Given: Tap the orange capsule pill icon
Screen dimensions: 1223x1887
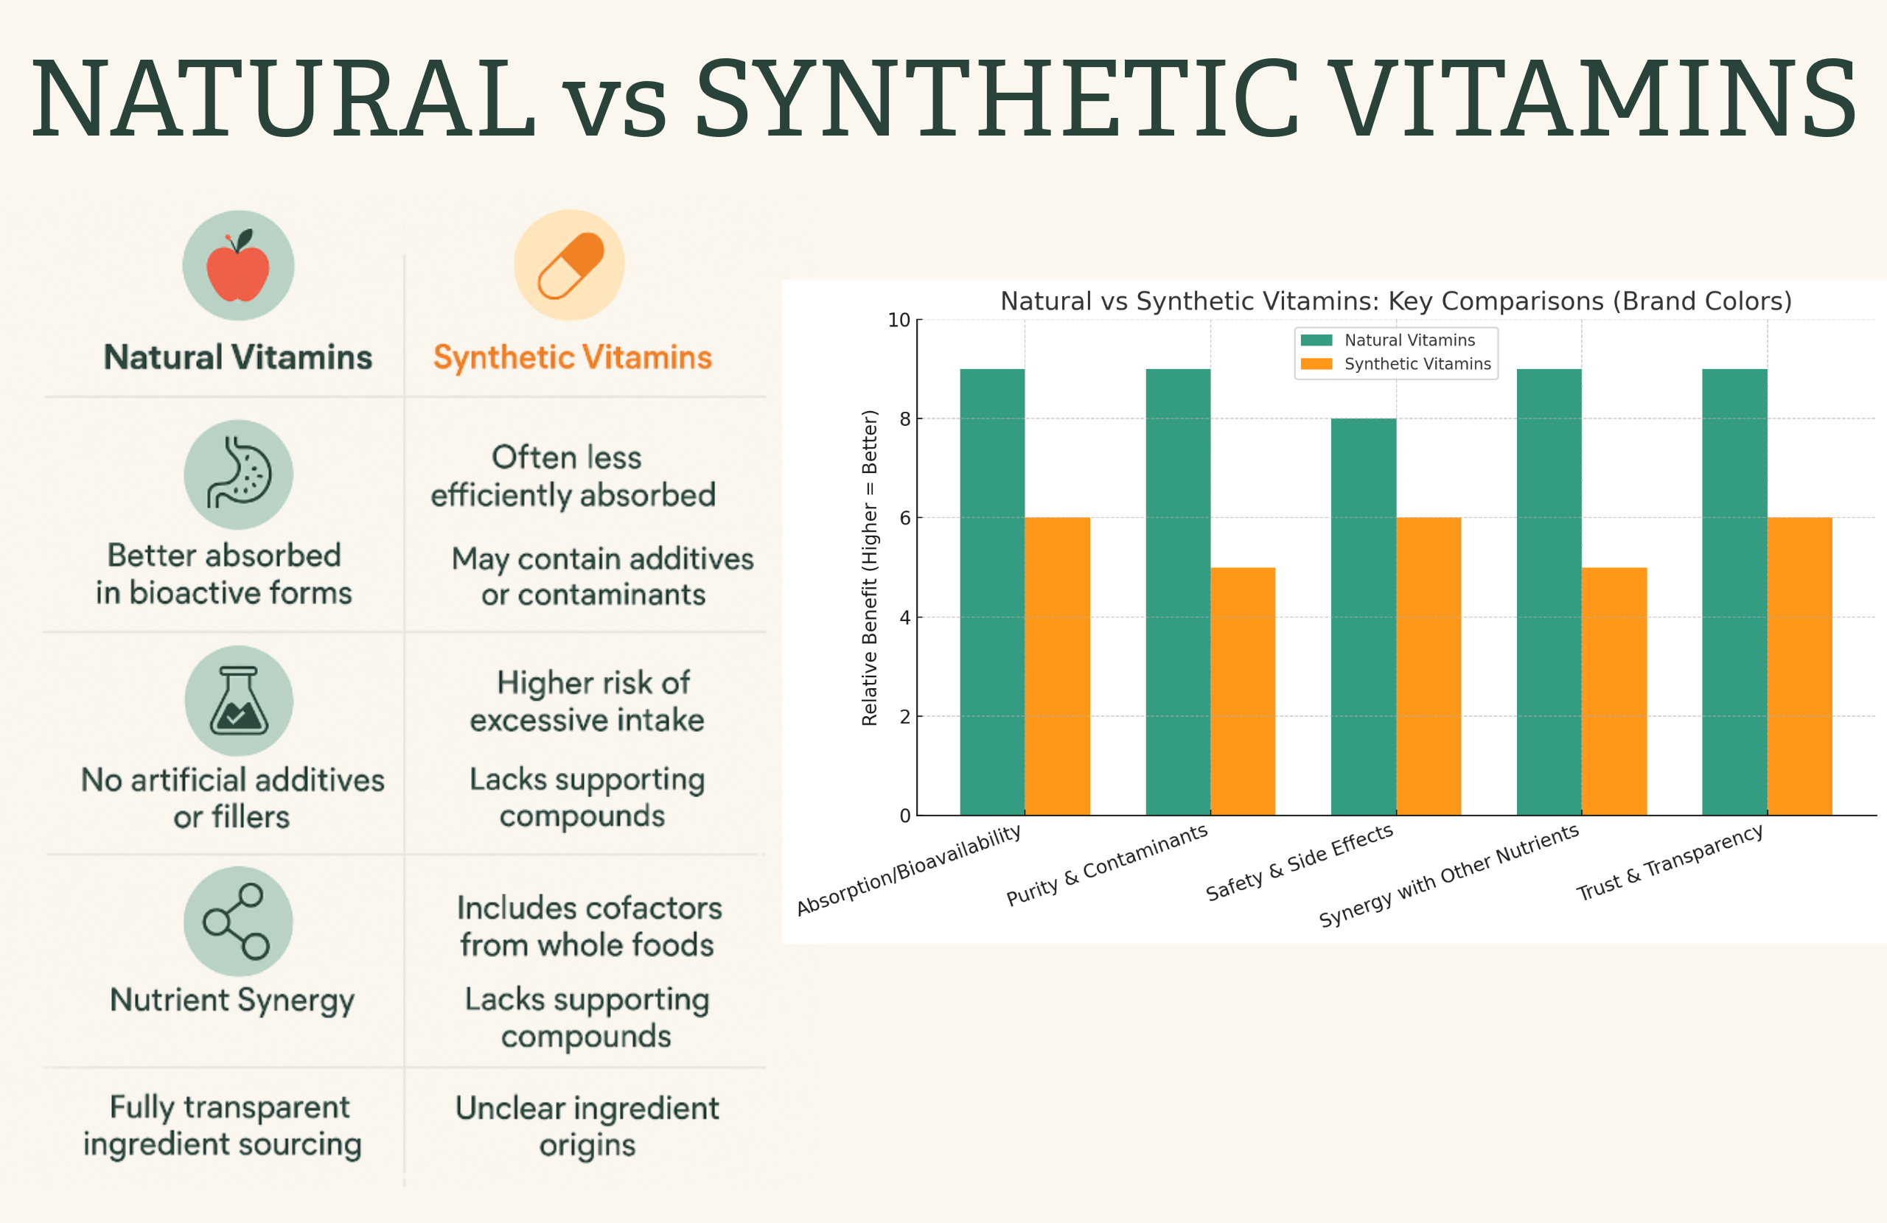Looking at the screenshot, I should pyautogui.click(x=570, y=265).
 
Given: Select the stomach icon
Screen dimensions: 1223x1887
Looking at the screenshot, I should pyautogui.click(x=239, y=474).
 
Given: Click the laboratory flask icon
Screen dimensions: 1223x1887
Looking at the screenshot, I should pyautogui.click(x=239, y=701).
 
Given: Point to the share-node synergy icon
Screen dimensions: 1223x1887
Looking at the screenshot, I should pyautogui.click(x=237, y=921).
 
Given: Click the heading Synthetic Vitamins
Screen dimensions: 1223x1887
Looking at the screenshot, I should pyautogui.click(x=573, y=357).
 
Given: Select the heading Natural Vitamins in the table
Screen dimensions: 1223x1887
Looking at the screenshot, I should pyautogui.click(x=238, y=357).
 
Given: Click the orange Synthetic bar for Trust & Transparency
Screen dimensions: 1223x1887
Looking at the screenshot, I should pyautogui.click(x=1799, y=666).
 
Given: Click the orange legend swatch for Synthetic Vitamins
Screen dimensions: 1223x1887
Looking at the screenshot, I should pyautogui.click(x=1316, y=364).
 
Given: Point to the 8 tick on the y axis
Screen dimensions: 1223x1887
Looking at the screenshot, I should pyautogui.click(x=904, y=419).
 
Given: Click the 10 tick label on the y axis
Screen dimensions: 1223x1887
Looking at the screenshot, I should pyautogui.click(x=899, y=320).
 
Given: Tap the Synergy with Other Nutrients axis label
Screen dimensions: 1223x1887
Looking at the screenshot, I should pyautogui.click(x=1448, y=876).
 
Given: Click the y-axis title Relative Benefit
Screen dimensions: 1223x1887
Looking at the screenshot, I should pyautogui.click(x=870, y=567).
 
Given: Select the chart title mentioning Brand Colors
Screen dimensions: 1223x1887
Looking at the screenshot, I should pyautogui.click(x=1395, y=301).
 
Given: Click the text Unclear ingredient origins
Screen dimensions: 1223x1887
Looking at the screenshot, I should pyautogui.click(x=587, y=1126).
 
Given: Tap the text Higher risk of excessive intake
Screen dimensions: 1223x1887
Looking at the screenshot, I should pyautogui.click(x=587, y=701).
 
